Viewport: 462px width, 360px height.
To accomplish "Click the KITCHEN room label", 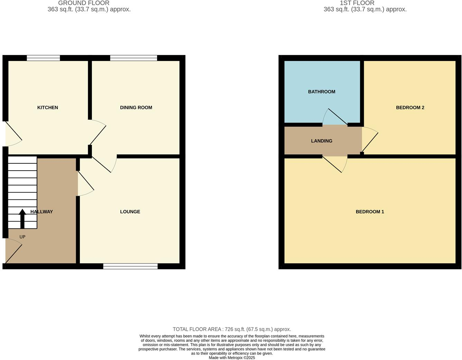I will pyautogui.click(x=48, y=108).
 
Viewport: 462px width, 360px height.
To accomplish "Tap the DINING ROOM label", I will pyautogui.click(x=136, y=108).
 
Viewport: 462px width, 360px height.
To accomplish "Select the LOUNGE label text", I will pyautogui.click(x=130, y=212).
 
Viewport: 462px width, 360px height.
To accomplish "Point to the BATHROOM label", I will pyautogui.click(x=322, y=92).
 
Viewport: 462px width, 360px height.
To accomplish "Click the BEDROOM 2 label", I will pyautogui.click(x=410, y=108).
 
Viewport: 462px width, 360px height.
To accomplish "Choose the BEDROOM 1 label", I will pyautogui.click(x=370, y=212).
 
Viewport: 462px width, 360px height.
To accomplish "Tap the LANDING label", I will pyautogui.click(x=322, y=141).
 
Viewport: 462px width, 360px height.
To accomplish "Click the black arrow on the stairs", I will pyautogui.click(x=22, y=218).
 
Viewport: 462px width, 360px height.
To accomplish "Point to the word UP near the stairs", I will pyautogui.click(x=22, y=237).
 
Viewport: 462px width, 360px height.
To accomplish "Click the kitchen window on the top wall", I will pyautogui.click(x=43, y=58).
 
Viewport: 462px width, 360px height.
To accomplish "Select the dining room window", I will pyautogui.click(x=133, y=58).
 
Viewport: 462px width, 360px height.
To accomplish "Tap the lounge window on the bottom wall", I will pyautogui.click(x=130, y=266).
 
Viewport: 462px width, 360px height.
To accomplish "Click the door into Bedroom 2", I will pyautogui.click(x=369, y=140).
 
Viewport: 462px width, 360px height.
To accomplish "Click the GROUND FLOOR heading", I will pyautogui.click(x=84, y=3).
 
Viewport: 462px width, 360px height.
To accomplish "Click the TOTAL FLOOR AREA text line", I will pyautogui.click(x=232, y=330).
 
